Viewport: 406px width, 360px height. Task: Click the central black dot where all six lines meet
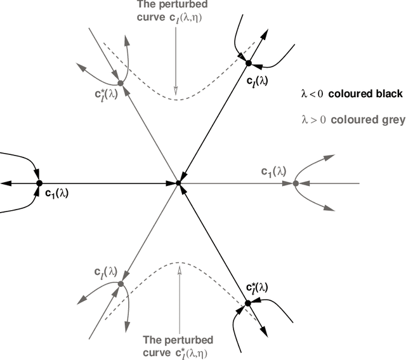(178, 183)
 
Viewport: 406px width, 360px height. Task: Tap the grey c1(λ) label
(273, 171)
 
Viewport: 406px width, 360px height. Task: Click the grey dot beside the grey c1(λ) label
(296, 183)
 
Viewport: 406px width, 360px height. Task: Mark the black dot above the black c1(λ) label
(39, 183)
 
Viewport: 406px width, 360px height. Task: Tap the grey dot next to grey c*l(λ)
(121, 83)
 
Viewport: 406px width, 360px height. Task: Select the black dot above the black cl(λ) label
(249, 63)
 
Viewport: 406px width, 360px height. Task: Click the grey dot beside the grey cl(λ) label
(120, 283)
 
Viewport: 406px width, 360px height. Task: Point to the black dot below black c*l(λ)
(248, 303)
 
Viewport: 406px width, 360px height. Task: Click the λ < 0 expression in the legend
(313, 94)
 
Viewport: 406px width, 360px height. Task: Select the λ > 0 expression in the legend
(313, 119)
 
